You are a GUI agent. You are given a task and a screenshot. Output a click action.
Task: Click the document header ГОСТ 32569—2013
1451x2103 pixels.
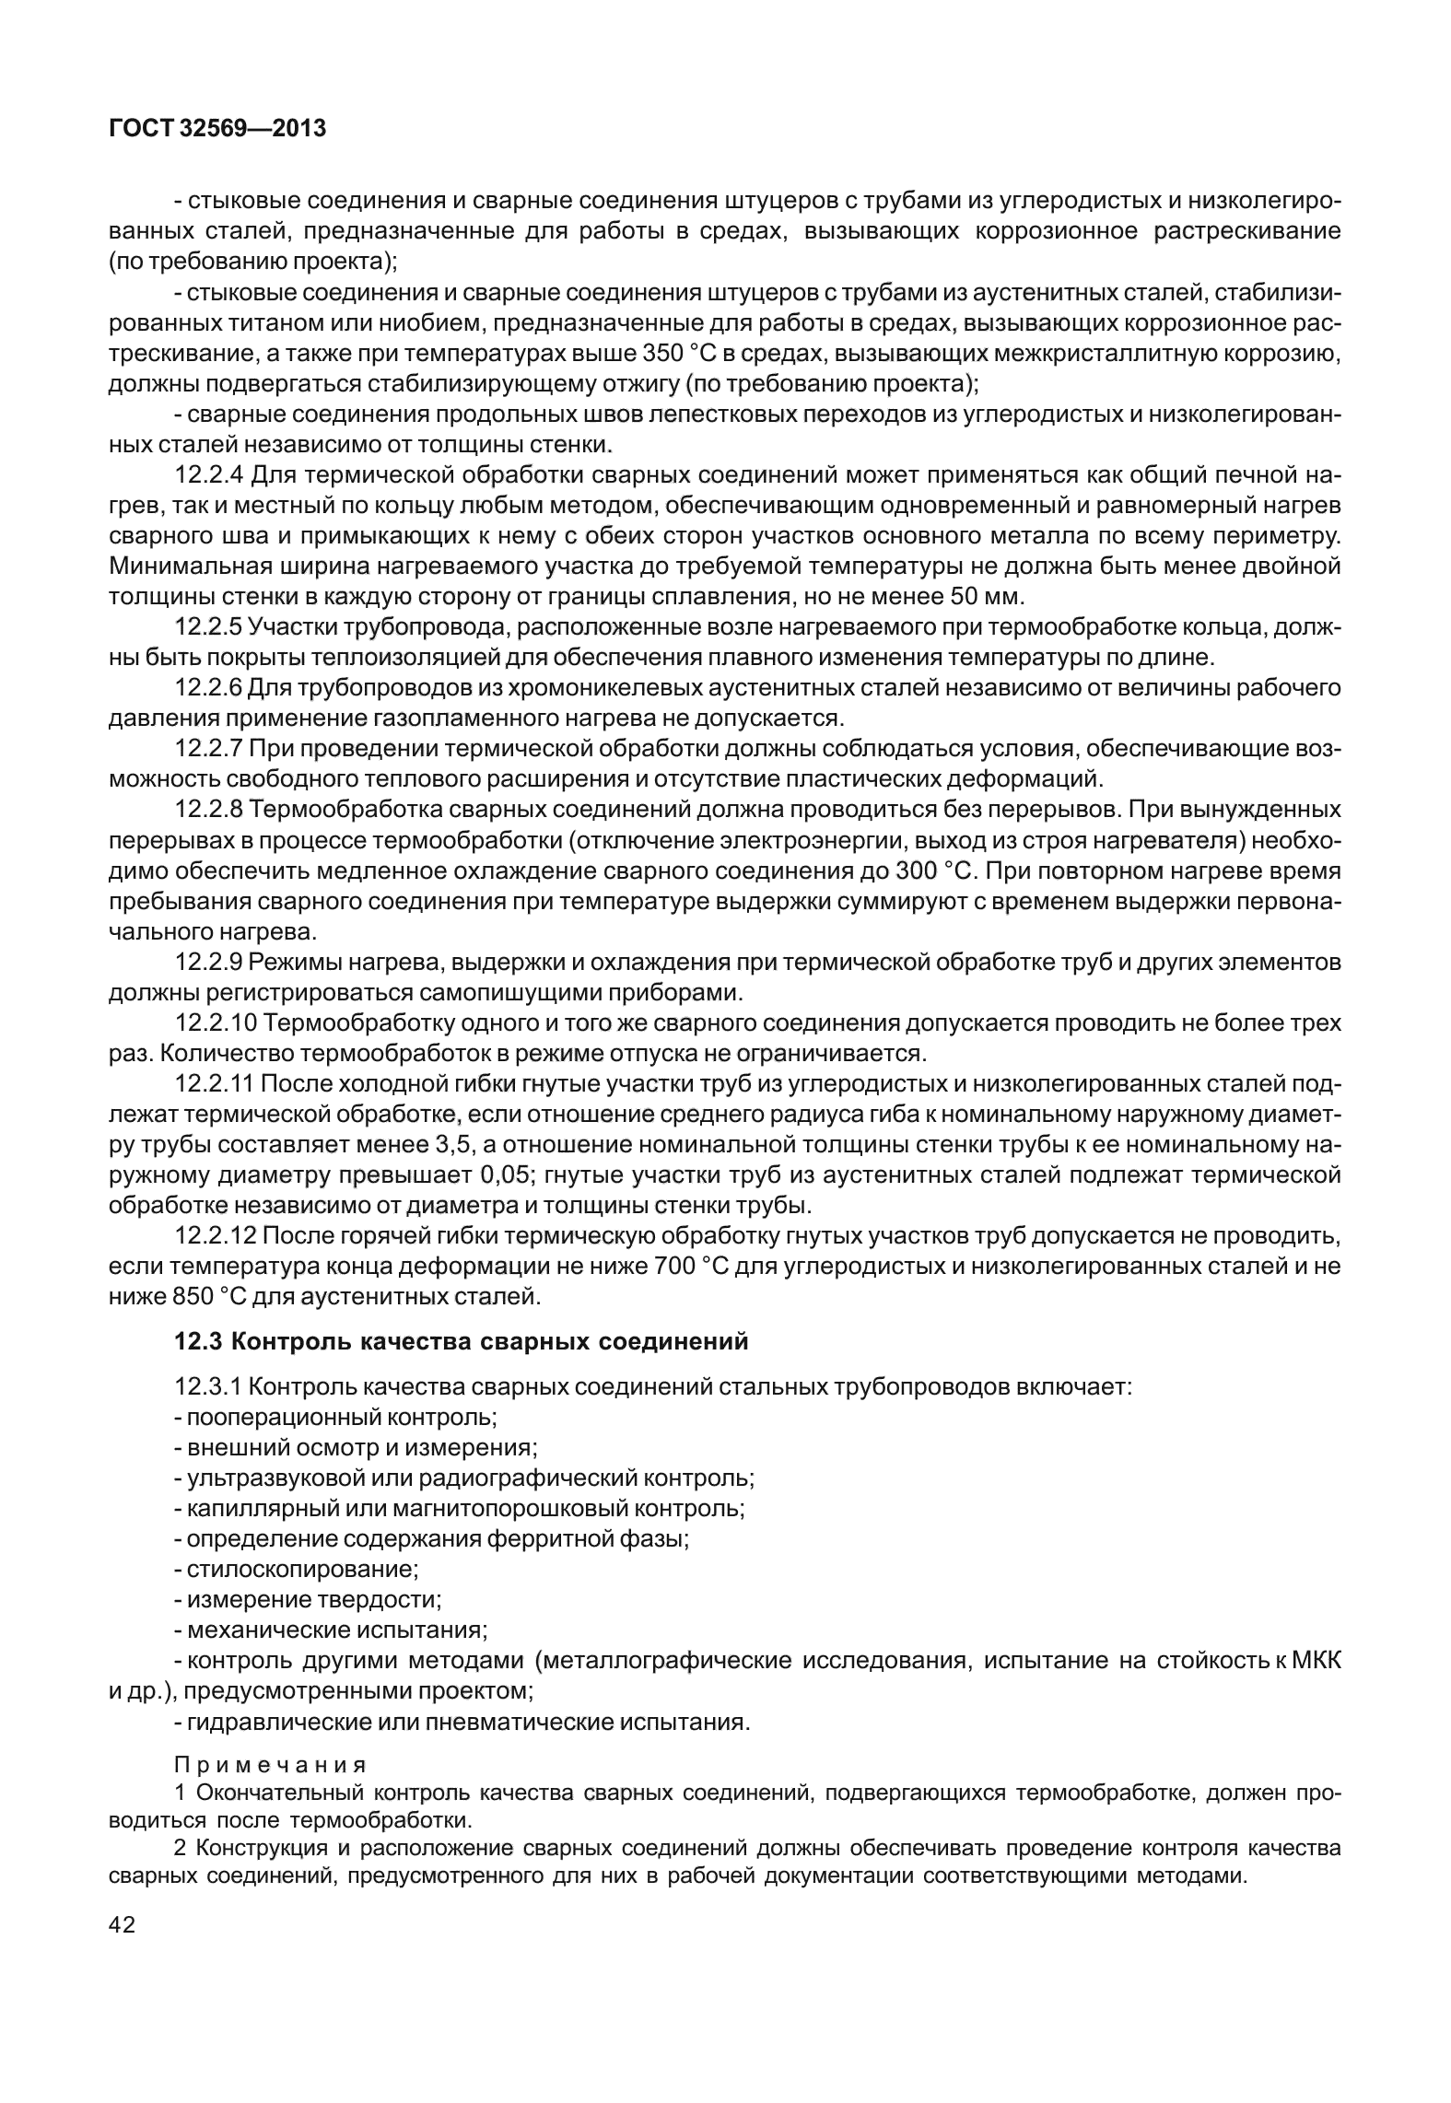click(217, 129)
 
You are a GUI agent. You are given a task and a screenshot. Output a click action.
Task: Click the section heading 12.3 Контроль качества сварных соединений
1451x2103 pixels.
click(462, 1341)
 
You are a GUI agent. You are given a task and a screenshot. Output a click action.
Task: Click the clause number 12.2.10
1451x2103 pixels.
click(216, 1022)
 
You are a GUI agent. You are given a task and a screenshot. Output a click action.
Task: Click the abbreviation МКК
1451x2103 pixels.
click(1316, 1660)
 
